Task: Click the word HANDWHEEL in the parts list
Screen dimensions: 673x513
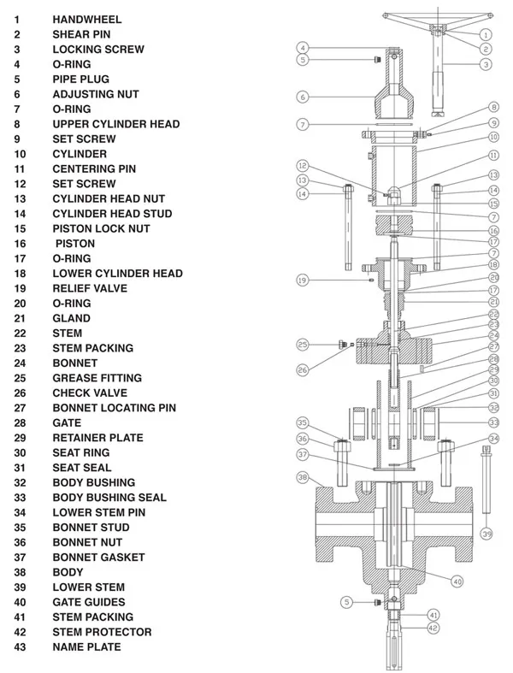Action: coord(86,19)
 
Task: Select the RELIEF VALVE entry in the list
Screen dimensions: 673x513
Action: coord(90,288)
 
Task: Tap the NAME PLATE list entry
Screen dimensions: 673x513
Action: coord(86,647)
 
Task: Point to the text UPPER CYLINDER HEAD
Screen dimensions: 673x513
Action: coord(115,124)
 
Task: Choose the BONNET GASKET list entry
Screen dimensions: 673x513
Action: coord(98,558)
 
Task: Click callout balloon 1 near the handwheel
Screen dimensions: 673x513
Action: coord(485,35)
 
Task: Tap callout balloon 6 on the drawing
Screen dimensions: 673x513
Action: coord(303,97)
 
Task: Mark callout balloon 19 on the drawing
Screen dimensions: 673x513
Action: coord(302,280)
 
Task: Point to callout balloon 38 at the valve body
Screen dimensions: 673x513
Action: coord(302,476)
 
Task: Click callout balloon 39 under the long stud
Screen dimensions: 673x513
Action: coord(486,534)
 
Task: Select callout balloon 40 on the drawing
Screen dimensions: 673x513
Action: coord(457,581)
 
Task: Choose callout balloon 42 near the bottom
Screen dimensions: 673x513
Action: coord(433,629)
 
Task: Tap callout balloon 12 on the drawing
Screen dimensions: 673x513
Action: coord(302,165)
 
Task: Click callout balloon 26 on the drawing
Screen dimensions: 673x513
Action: coord(302,370)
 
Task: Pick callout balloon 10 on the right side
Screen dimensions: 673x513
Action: coord(493,137)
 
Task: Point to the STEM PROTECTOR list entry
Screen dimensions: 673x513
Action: coord(102,632)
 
